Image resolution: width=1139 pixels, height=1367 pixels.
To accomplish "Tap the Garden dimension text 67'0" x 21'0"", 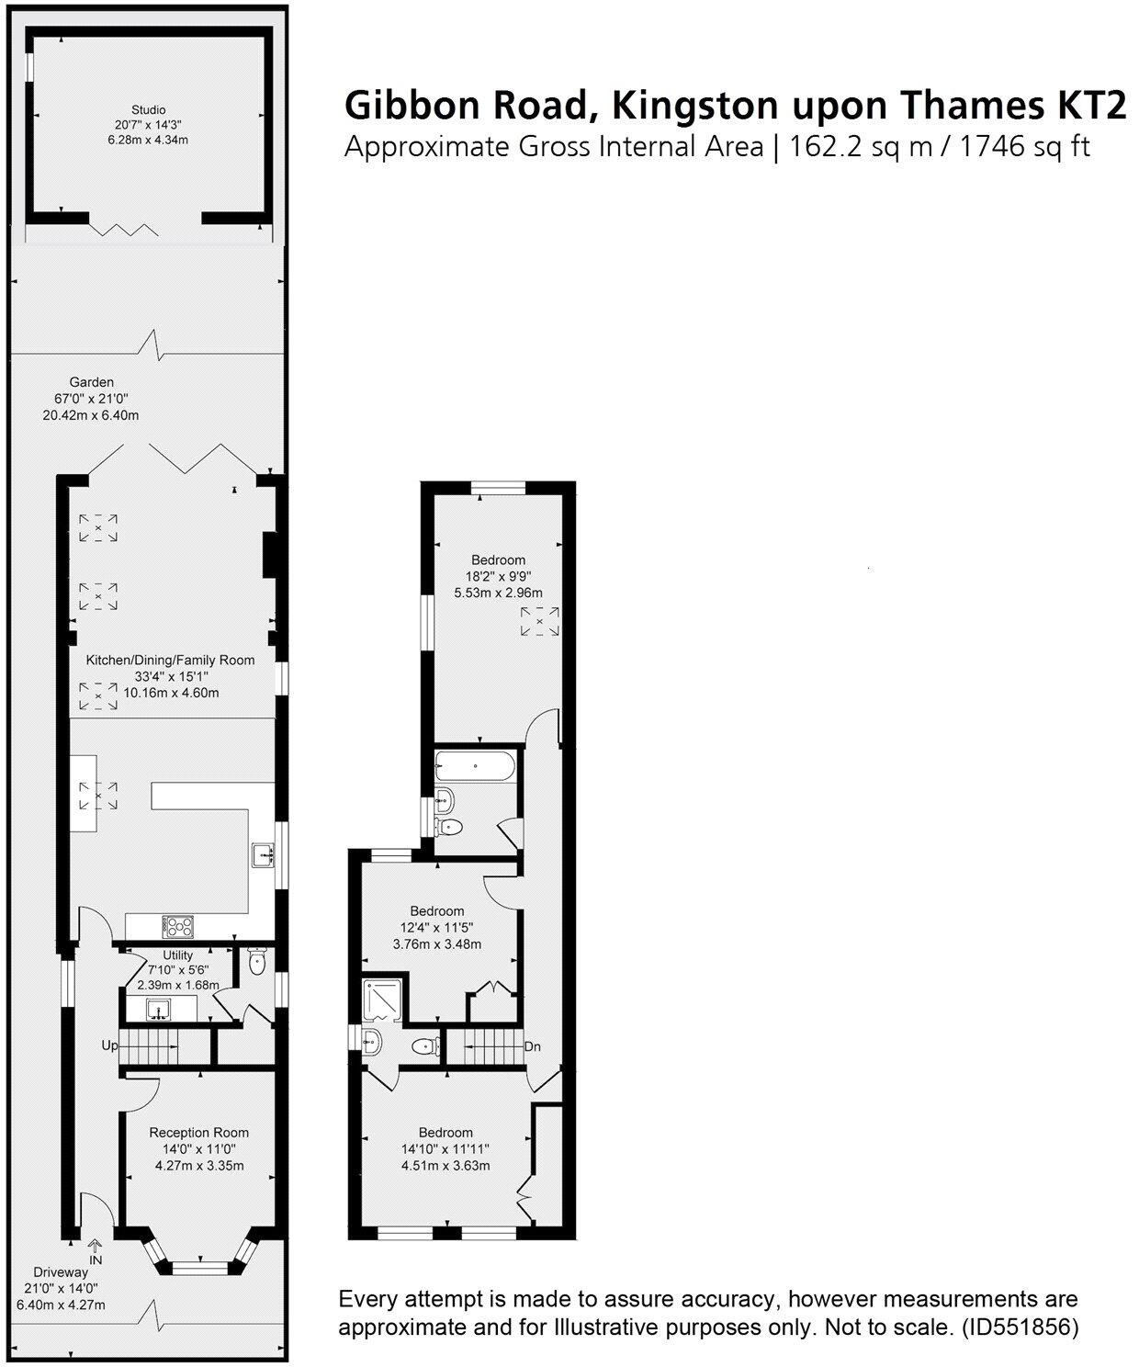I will [x=91, y=399].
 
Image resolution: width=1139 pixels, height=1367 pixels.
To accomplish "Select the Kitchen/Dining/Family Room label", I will [x=170, y=660].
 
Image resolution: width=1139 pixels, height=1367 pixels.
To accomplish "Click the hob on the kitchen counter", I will [x=178, y=925].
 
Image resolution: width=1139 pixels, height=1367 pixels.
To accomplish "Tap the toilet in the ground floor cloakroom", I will [x=256, y=964].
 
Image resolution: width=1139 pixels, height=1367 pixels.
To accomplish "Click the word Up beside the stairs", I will [x=109, y=1045].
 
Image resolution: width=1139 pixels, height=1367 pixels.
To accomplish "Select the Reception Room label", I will [x=199, y=1133].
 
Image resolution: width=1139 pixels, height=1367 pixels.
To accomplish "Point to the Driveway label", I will [x=61, y=1272].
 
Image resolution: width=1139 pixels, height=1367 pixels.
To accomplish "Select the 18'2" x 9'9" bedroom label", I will [x=498, y=559].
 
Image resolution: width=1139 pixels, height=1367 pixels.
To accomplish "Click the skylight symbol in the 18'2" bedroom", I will [x=539, y=622].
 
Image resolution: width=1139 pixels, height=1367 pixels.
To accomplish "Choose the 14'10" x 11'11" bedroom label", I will [x=445, y=1133].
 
